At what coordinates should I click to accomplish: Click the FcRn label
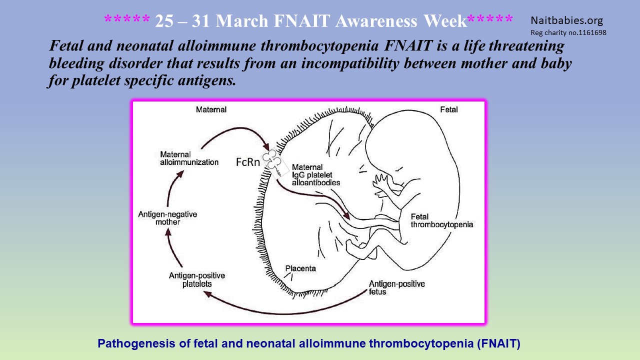pos(247,162)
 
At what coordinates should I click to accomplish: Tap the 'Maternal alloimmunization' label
pos(189,158)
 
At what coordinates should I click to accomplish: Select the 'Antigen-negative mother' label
pos(167,218)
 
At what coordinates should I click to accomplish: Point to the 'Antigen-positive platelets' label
pos(197,279)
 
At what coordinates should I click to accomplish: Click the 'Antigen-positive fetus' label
pos(397,287)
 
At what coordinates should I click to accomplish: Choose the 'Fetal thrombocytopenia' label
pos(441,220)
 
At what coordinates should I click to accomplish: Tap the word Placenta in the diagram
pos(300,268)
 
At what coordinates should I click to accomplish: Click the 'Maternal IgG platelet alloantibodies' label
pos(316,175)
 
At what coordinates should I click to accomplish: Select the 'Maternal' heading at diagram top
pos(211,109)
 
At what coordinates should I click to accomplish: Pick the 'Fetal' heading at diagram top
pos(449,109)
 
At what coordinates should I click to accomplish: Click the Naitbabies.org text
pos(567,20)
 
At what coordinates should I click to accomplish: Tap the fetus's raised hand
pos(380,181)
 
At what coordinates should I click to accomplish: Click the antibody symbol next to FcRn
pos(273,163)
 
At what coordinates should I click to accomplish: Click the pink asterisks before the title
pos(127,19)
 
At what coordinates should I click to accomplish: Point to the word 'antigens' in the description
pos(207,80)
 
